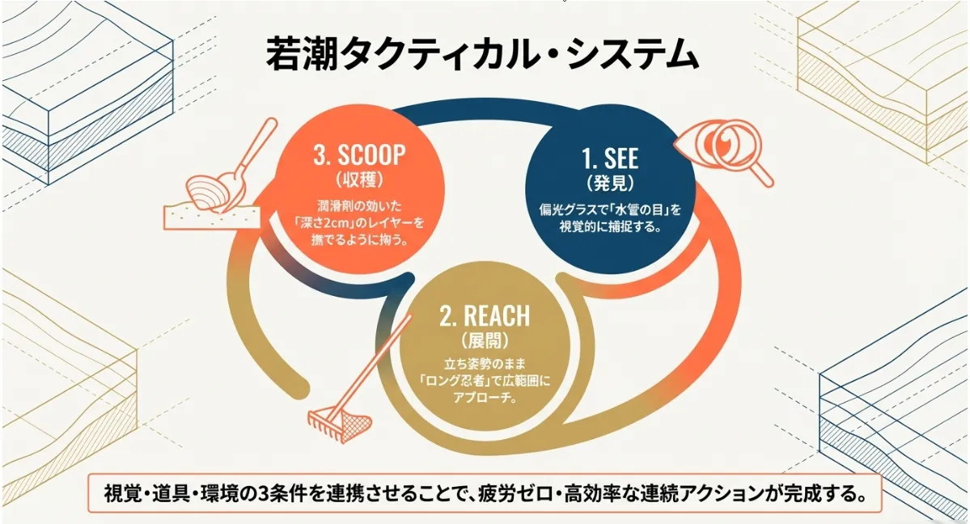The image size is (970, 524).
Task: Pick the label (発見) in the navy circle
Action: pos(610,180)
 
